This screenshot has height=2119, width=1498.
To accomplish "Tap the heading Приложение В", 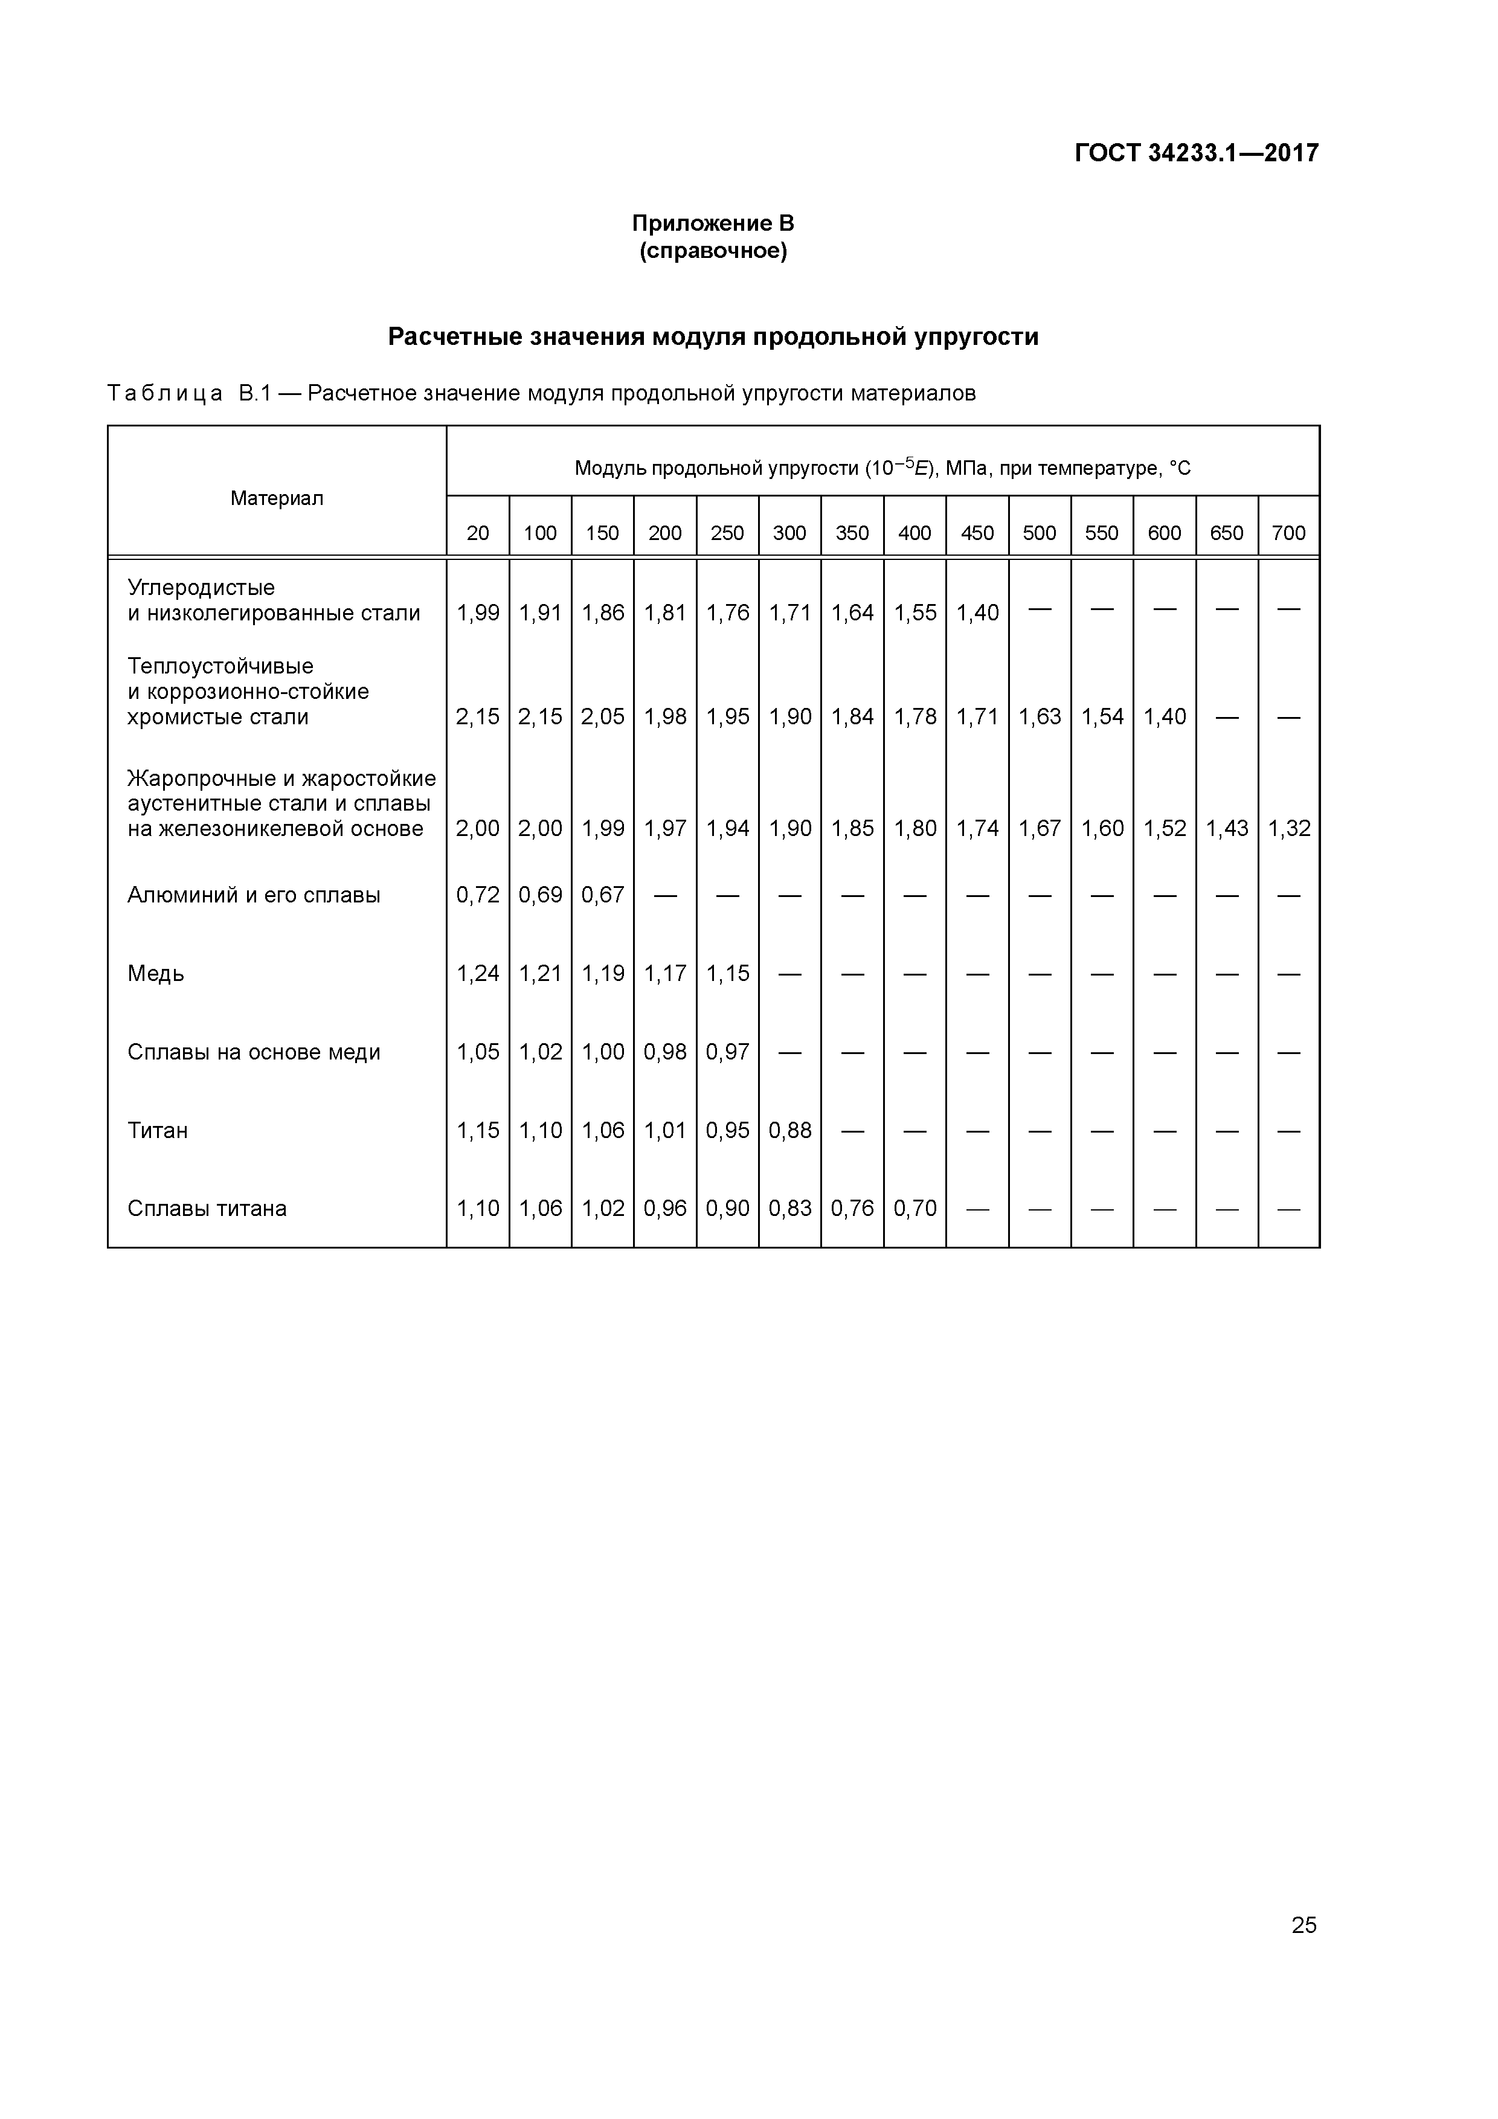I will click(x=713, y=223).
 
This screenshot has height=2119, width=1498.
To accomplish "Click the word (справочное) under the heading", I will click(x=713, y=251).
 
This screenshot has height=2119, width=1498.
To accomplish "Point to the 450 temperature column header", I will click(x=977, y=533).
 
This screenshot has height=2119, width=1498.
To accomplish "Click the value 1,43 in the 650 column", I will click(x=1227, y=829).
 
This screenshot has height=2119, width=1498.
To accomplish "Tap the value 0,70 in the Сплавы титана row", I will click(x=915, y=1209).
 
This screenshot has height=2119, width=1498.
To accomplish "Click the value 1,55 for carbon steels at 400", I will click(x=915, y=613).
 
